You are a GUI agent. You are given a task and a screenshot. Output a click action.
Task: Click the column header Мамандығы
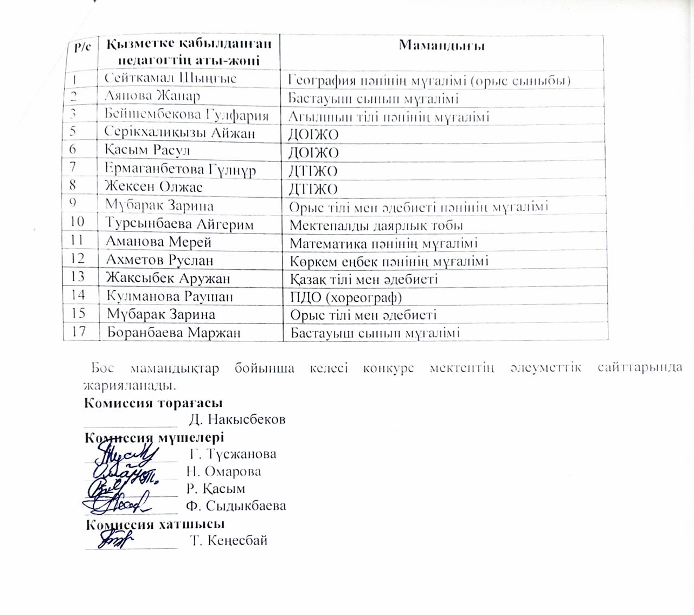[x=441, y=45]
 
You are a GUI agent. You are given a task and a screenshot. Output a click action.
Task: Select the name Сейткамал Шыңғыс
[x=170, y=78]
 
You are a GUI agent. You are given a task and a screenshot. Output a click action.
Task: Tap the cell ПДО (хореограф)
[x=346, y=297]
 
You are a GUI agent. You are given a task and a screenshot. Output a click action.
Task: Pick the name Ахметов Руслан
[x=159, y=260]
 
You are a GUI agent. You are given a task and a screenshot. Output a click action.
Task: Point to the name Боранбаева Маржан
[x=173, y=332]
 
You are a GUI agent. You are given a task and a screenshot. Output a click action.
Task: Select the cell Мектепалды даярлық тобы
[x=376, y=225]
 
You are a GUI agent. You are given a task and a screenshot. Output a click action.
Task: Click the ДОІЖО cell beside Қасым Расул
[x=313, y=153]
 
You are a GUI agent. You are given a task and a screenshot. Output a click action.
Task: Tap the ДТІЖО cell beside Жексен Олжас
[x=313, y=189]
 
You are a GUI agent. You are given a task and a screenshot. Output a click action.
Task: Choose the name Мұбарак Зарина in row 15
[x=160, y=314]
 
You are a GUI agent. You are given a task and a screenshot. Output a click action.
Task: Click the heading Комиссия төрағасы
[x=153, y=403]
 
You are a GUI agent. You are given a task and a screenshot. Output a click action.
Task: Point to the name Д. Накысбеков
[x=237, y=419]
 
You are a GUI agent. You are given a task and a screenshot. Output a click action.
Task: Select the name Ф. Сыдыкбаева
[x=236, y=506]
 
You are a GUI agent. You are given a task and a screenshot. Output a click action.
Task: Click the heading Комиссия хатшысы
[x=155, y=524]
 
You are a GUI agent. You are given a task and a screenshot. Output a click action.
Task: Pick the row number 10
[x=78, y=221]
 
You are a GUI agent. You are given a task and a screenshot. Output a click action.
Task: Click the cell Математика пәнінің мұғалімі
[x=383, y=243]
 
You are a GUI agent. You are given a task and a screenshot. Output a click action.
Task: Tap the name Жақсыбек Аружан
[x=168, y=279]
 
